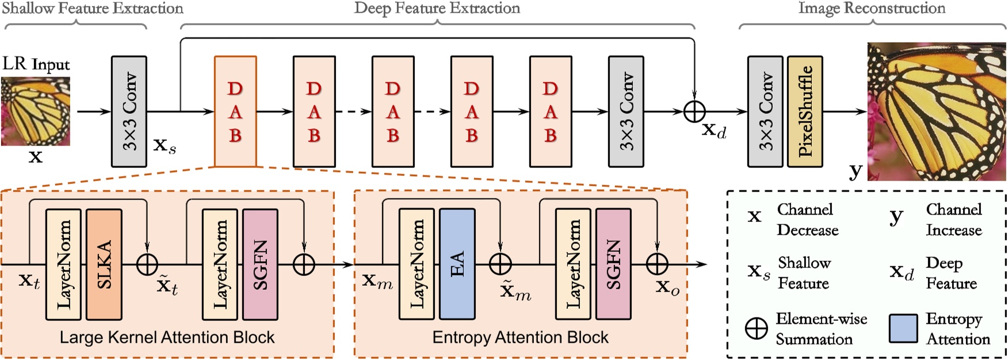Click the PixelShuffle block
(x=804, y=111)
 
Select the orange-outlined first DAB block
(x=235, y=111)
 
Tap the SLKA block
(x=104, y=264)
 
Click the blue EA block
(x=457, y=264)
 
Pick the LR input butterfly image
(x=36, y=111)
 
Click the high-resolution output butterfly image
(x=937, y=111)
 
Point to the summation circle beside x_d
(x=694, y=111)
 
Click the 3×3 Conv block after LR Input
(x=129, y=111)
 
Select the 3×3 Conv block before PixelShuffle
(x=765, y=111)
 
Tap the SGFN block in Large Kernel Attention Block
(x=260, y=264)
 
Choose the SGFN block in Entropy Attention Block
(x=613, y=264)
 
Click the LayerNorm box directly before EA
(x=417, y=264)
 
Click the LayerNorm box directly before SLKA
(x=63, y=264)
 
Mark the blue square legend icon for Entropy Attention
(x=903, y=328)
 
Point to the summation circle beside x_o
(x=657, y=264)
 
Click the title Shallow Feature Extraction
(x=92, y=8)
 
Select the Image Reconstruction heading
(x=872, y=8)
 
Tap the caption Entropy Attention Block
(x=520, y=338)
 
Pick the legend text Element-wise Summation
(x=821, y=329)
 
